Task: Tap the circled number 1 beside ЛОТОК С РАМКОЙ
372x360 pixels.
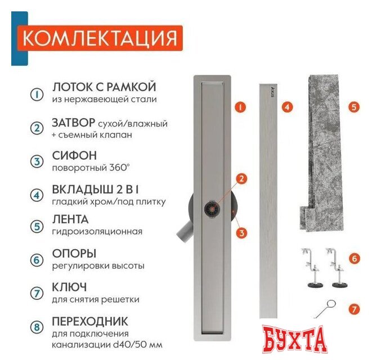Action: [x=36, y=94]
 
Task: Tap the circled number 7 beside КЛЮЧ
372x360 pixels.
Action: [x=36, y=292]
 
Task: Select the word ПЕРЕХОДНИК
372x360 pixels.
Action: [x=89, y=322]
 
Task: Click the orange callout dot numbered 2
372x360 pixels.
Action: [x=240, y=179]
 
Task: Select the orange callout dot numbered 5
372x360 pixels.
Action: [x=353, y=106]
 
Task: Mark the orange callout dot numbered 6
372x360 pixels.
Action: [x=353, y=259]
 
